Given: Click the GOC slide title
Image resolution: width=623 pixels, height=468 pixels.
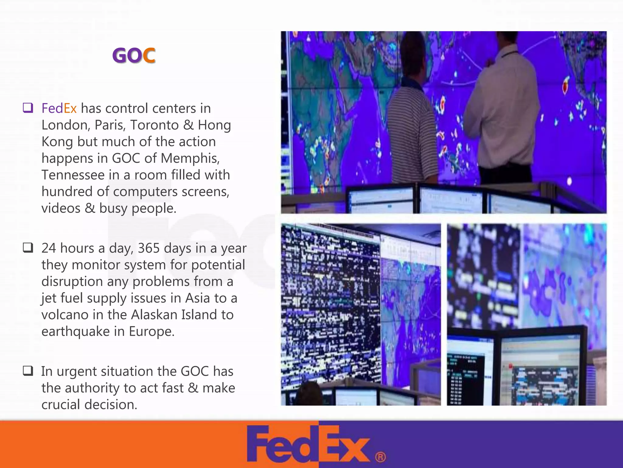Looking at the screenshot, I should (x=134, y=55).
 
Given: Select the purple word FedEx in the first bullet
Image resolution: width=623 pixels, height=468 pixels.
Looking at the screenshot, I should (x=59, y=108).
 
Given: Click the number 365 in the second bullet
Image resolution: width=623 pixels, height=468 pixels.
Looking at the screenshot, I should (x=149, y=248).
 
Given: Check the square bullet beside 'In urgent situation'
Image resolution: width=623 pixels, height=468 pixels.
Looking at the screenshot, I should (x=28, y=371).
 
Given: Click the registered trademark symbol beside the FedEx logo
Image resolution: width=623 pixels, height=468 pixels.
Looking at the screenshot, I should (x=380, y=457).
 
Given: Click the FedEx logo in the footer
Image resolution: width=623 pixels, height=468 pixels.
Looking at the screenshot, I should (x=309, y=444).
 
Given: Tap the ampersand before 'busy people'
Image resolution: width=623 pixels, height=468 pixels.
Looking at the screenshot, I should (x=90, y=208).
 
